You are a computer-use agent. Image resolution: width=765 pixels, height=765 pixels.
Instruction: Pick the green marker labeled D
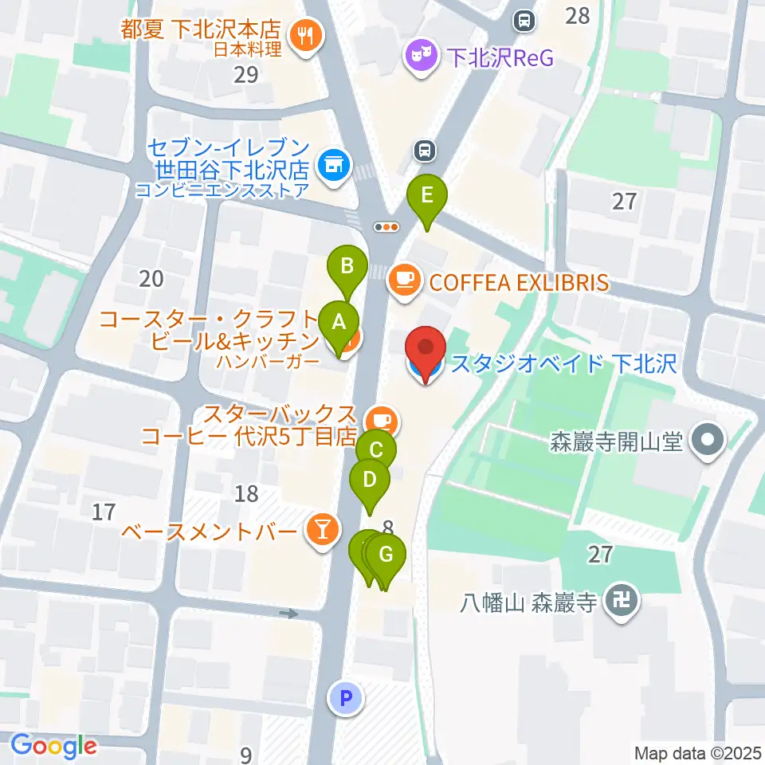click(370, 481)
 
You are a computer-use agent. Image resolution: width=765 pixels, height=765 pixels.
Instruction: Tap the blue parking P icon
click(346, 700)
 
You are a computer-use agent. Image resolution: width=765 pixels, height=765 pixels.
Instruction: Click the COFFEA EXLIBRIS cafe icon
click(404, 280)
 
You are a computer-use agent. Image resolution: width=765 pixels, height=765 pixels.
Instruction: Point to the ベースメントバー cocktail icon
click(322, 531)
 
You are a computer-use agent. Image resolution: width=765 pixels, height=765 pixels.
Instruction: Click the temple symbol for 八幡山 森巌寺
click(622, 601)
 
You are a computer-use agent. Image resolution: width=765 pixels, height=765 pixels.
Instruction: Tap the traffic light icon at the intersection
click(386, 226)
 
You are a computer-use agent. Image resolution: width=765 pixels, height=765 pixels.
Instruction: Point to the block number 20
click(151, 278)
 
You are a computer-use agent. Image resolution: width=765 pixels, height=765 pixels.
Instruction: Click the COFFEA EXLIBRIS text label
click(518, 281)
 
